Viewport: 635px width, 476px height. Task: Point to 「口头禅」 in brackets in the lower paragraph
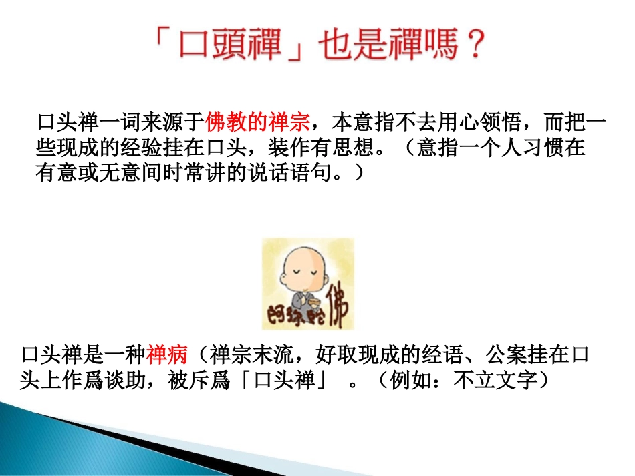(x=284, y=379)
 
